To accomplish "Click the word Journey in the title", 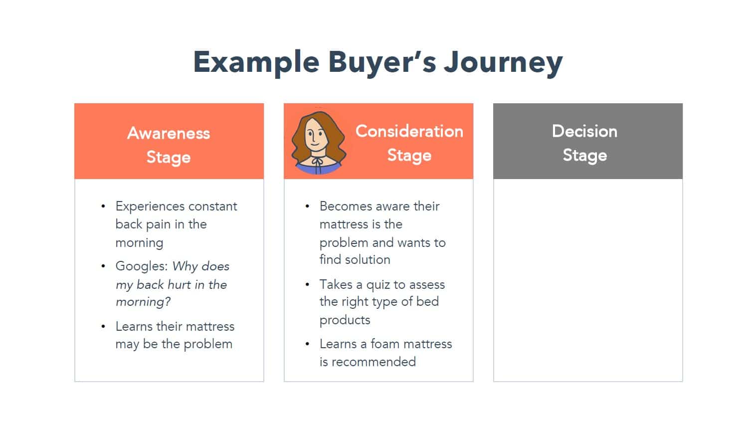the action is tap(503, 63).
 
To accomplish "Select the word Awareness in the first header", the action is tap(169, 133).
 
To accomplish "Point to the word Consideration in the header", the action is tap(409, 131).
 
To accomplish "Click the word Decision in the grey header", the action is tap(584, 131).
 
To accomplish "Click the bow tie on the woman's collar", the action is tap(317, 163).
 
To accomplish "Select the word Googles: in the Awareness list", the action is tap(142, 267).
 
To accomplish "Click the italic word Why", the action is tap(185, 267).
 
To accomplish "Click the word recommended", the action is tap(374, 362).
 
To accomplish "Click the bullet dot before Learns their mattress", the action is tap(103, 326).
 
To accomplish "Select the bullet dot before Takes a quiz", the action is tap(307, 285).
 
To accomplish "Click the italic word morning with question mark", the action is tap(143, 302).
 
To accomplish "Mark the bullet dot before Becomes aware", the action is tap(307, 207).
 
